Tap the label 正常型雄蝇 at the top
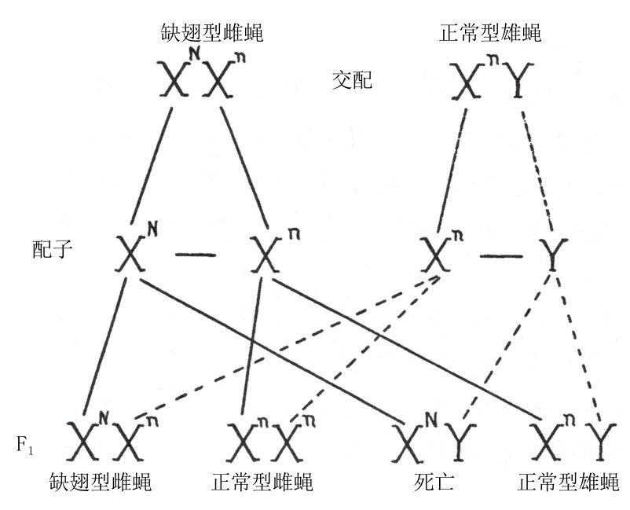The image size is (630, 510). click(490, 33)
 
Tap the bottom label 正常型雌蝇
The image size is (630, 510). click(262, 482)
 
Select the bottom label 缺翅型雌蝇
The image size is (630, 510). click(100, 482)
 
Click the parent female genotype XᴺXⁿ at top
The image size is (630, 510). click(203, 79)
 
